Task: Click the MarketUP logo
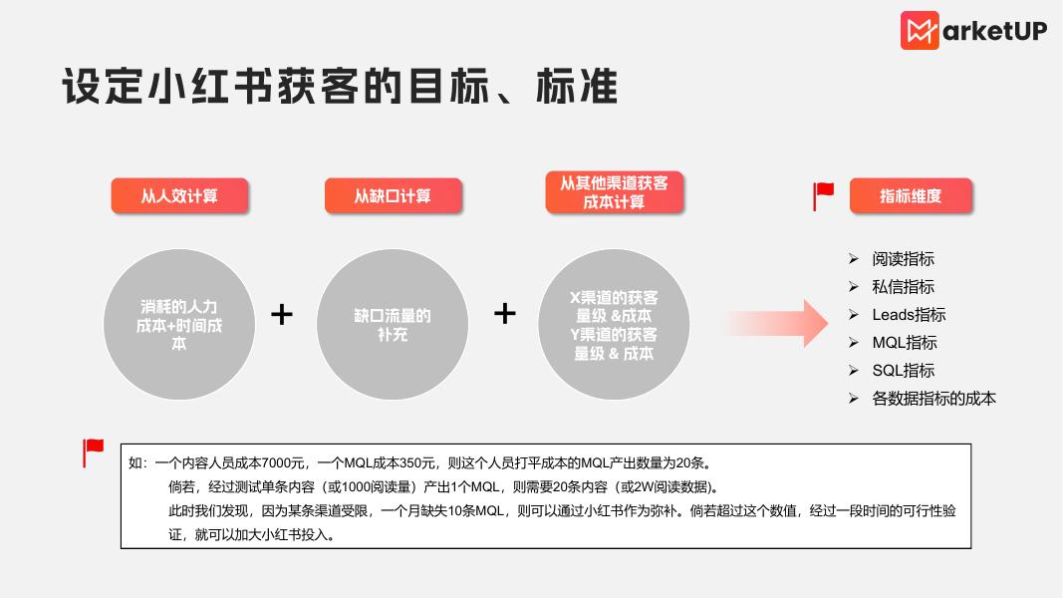coord(973,31)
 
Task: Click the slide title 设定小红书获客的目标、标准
coord(340,87)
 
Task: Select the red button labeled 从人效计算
coord(179,195)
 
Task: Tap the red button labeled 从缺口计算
coord(393,195)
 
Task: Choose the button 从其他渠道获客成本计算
coord(614,192)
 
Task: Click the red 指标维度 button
coord(911,195)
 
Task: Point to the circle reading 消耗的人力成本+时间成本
coord(179,325)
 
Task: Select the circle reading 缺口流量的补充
coord(393,325)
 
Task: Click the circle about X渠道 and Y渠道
coord(614,325)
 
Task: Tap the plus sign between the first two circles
coord(282,315)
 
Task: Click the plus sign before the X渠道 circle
coord(505,314)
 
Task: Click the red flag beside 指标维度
coord(824,195)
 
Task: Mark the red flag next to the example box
coord(94,453)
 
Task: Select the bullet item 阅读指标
coord(903,259)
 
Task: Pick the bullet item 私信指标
coord(903,287)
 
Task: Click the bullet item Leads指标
coord(909,315)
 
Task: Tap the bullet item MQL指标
coord(905,343)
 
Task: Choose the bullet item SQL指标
coord(903,371)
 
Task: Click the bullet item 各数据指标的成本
coord(933,399)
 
